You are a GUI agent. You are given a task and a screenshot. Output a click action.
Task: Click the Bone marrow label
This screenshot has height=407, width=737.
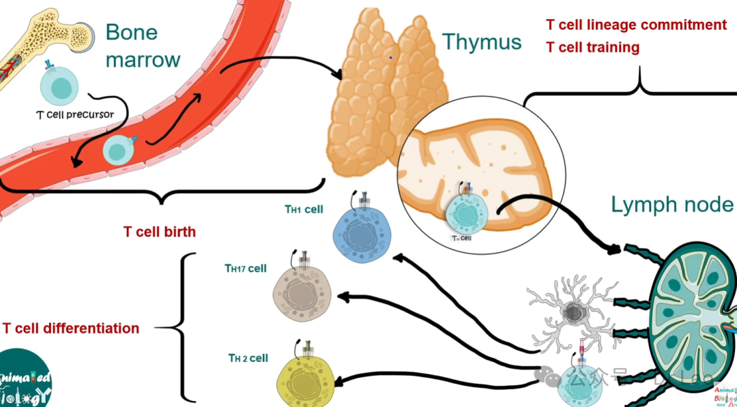142,46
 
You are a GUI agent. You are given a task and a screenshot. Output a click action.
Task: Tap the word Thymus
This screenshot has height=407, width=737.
481,42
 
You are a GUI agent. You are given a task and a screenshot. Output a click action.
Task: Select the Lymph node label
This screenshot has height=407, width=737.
672,204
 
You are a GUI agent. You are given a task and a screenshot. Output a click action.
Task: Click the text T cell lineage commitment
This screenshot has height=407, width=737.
636,25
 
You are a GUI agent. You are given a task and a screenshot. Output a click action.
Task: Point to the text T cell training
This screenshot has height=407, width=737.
592,48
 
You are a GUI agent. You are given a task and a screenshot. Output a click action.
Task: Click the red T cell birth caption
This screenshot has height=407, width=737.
160,232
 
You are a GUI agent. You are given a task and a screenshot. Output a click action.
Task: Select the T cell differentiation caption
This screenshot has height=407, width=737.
71,329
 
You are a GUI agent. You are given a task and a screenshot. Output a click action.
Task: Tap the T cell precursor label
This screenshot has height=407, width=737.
74,115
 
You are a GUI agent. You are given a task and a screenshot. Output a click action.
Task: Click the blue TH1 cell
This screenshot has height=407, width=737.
361,233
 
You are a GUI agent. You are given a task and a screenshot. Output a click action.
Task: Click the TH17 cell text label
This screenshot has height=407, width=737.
246,269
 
